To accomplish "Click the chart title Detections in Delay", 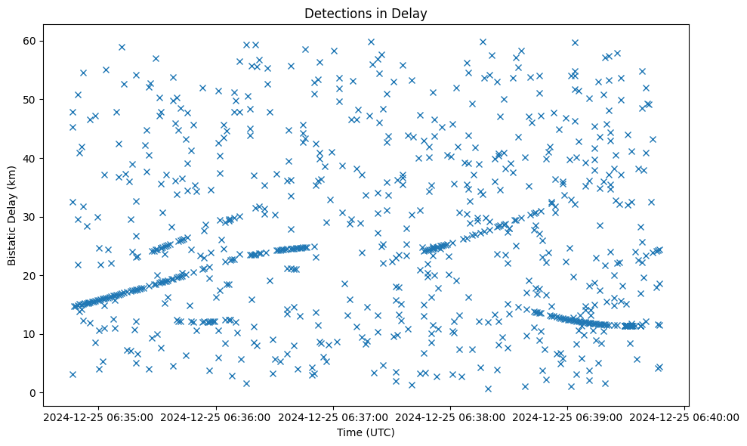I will pos(366,13).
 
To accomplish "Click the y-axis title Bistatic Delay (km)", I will pos(12,215).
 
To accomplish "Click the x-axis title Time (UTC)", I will pos(366,433).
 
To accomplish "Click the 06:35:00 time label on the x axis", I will pos(97,417).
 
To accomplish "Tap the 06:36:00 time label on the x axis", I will pos(215,417).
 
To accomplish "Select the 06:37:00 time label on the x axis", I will pos(332,417).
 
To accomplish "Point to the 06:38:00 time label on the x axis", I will pos(450,417).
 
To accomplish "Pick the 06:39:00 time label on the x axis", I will pos(567,417).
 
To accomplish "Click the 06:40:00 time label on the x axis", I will pos(684,417).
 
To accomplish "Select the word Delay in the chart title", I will pos(410,13).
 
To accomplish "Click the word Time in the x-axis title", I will pos(350,433).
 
